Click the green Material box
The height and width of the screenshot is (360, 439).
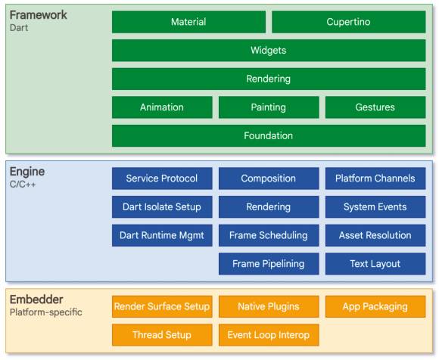coord(188,22)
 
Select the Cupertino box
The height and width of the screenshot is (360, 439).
coord(349,22)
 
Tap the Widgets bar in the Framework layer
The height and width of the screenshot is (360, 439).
coord(269,51)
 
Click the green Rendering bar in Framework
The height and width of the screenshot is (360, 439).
coord(269,79)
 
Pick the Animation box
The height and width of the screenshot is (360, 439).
coord(162,107)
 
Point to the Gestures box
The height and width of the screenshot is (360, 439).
coord(375,107)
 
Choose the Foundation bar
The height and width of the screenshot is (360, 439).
coord(269,135)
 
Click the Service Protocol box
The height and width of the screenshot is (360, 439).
coord(162,178)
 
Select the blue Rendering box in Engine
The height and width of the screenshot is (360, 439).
coord(269,207)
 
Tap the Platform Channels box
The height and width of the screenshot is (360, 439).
coord(375,178)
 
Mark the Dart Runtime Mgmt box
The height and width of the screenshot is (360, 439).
coord(162,235)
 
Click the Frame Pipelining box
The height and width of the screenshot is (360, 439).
coord(269,264)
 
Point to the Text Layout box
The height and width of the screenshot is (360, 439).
coord(375,264)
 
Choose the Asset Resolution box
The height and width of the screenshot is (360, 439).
coord(375,235)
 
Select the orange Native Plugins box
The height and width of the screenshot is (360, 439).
coord(269,306)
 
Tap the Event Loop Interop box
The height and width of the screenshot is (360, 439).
coord(269,335)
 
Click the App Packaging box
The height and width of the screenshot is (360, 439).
coord(375,306)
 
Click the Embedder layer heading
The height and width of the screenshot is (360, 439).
coord(36,299)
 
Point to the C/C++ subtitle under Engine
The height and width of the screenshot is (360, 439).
coord(23,185)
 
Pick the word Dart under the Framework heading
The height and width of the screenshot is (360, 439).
coord(19,28)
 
